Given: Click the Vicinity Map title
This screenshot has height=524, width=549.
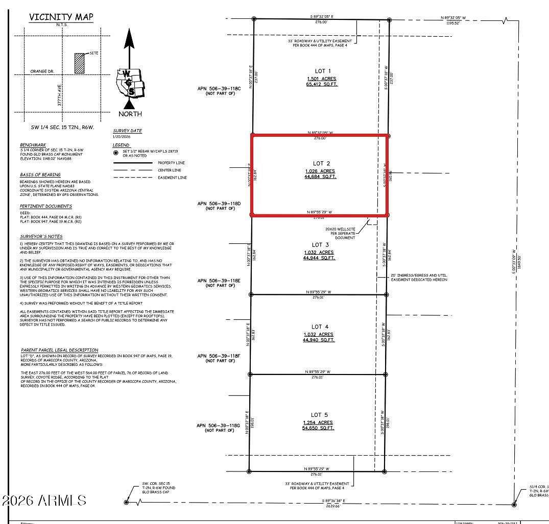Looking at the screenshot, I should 61,17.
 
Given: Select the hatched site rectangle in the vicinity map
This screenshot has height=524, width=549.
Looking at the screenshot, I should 79,63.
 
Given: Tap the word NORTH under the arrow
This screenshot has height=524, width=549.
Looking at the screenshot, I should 130,114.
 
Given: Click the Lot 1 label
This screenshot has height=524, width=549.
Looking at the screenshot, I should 322,71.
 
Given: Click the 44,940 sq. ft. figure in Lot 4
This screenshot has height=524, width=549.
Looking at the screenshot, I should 319,340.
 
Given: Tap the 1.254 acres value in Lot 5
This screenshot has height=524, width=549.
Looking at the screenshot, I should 318,422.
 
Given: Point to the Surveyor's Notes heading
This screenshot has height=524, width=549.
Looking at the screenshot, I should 41,237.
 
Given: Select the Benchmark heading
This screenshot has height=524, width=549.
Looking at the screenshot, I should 33,145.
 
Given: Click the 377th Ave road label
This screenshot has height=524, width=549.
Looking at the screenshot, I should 59,95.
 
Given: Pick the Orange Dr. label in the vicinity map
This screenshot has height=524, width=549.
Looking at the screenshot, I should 42,71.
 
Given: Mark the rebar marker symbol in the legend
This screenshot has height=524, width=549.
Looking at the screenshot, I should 116,152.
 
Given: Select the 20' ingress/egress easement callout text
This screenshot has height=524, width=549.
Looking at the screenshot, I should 419,278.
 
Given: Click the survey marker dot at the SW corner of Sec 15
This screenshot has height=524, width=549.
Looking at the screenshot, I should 126,502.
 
